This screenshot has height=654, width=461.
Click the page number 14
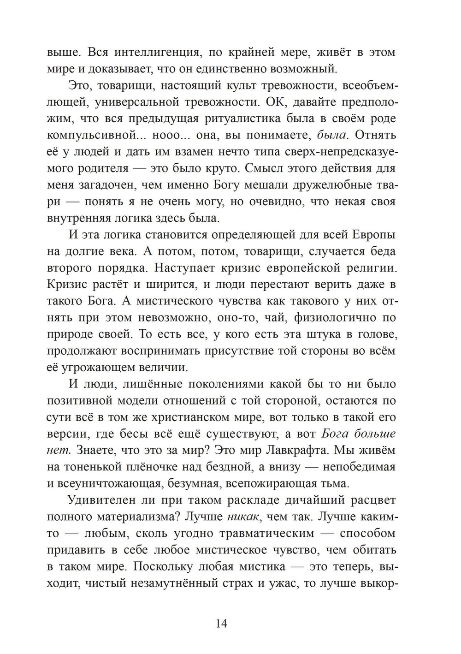(x=221, y=624)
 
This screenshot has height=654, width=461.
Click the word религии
(x=370, y=268)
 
